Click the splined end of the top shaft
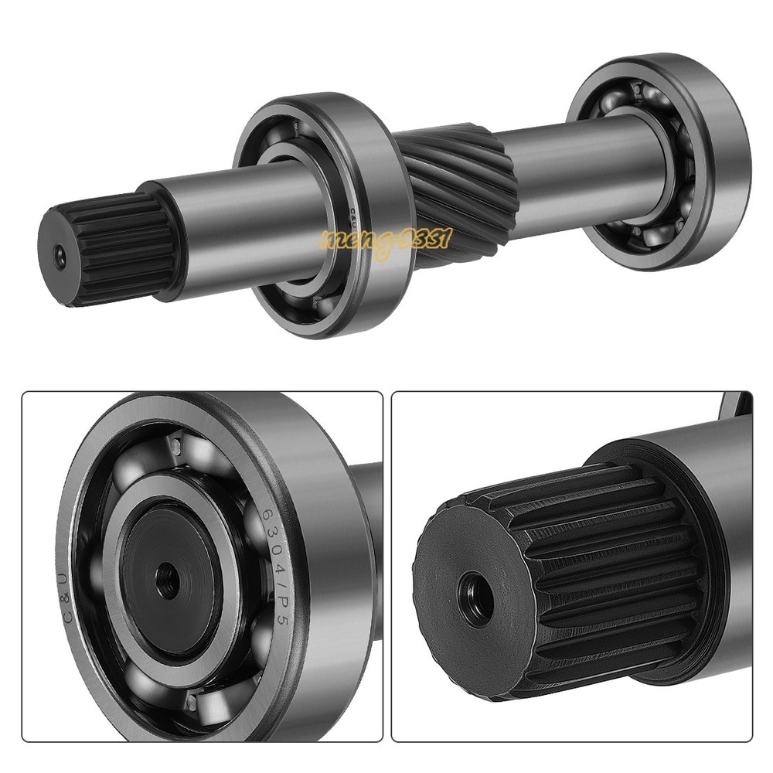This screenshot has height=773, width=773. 108,247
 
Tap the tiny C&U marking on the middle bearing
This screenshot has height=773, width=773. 352,213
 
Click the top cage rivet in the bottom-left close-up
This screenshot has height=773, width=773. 175,446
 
